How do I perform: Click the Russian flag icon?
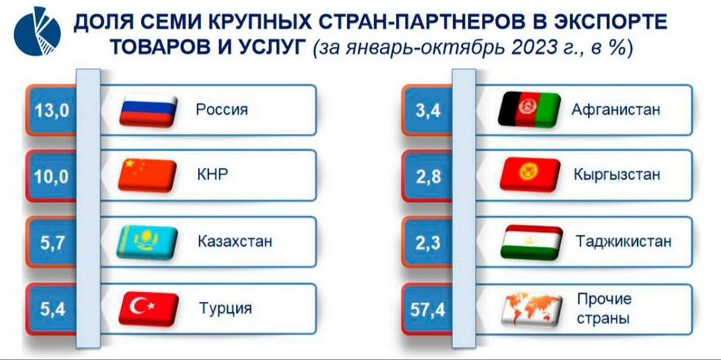tap(148, 110)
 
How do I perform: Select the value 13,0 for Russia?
tap(51, 111)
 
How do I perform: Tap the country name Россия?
tap(221, 110)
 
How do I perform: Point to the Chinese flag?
tap(148, 176)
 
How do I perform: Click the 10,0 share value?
tap(51, 176)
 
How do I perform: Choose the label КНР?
tap(212, 175)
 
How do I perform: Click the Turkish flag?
tap(148, 308)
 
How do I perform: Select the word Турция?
tap(225, 308)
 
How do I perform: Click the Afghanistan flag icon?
tap(529, 110)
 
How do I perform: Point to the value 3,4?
tap(429, 111)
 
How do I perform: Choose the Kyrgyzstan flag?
tap(530, 174)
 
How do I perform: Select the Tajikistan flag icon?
tap(531, 241)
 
